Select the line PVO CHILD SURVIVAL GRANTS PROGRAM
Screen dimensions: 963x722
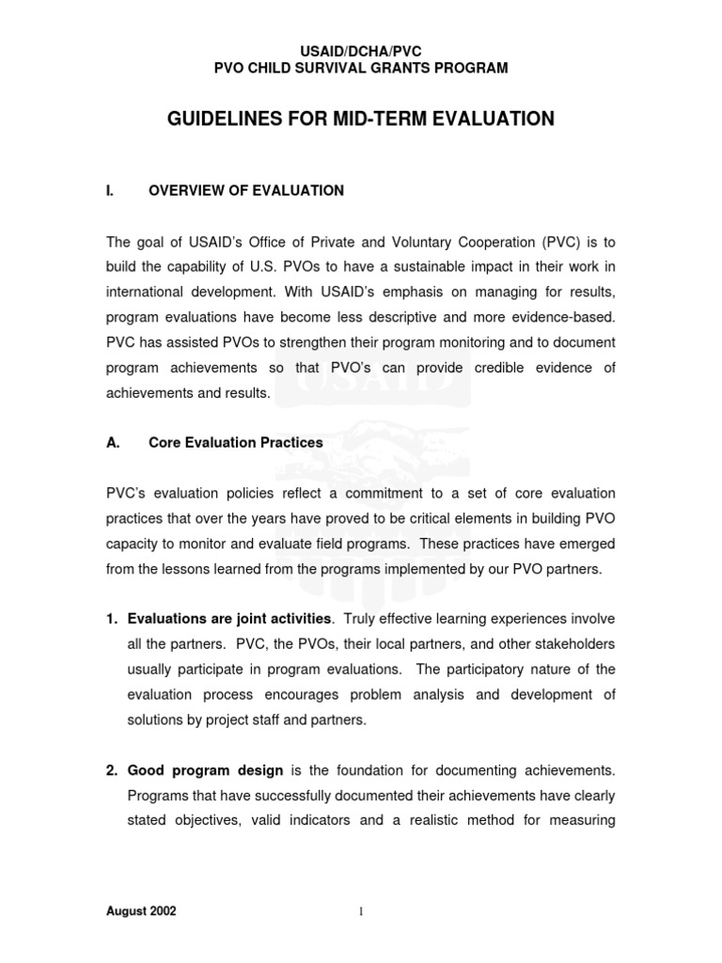361,68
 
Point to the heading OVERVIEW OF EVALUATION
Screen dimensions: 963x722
246,191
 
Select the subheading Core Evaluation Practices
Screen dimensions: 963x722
236,442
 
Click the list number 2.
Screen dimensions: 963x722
111,770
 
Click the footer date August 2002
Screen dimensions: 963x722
141,911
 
